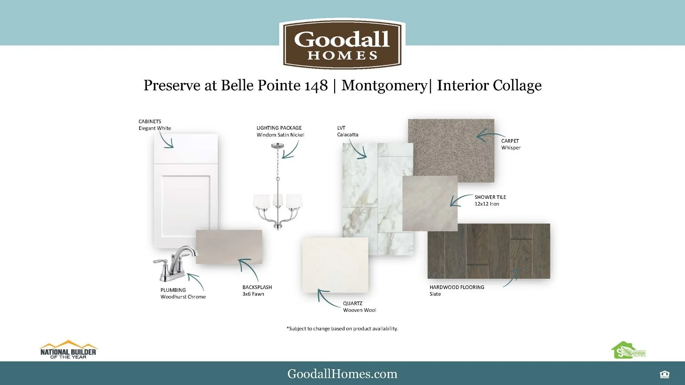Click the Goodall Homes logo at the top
342,44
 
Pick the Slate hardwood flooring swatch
489,251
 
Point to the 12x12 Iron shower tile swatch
430,204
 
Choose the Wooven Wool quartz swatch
335,265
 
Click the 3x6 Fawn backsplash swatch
229,247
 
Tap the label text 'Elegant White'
155,128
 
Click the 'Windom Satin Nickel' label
280,135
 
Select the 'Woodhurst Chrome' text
183,297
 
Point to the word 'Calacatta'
348,135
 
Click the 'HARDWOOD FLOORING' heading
457,287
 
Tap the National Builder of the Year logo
68,350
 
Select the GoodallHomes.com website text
342,374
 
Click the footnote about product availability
342,329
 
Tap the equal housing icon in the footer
665,375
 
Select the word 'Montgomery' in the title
384,86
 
